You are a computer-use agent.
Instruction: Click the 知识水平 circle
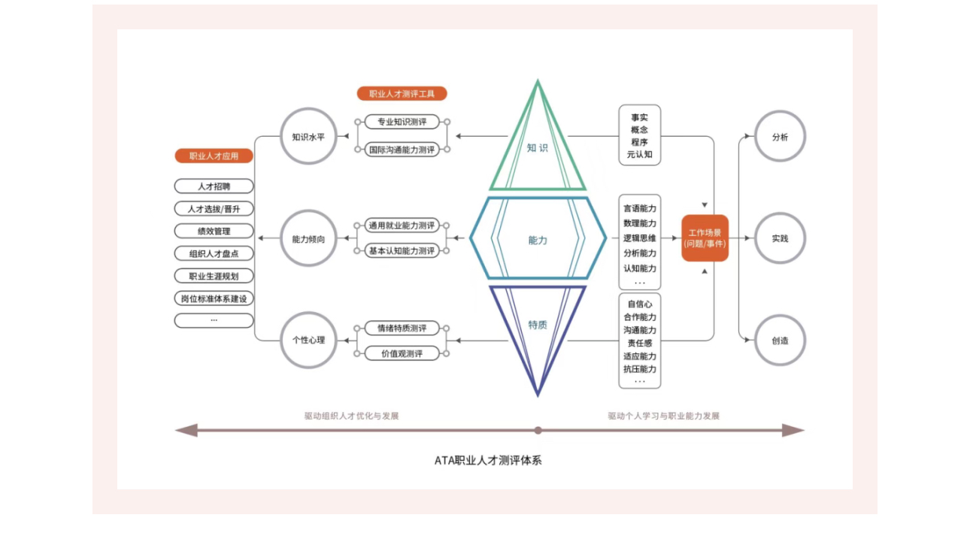point(308,137)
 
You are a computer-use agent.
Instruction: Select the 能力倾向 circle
point(308,239)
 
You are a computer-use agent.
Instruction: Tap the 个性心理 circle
point(308,340)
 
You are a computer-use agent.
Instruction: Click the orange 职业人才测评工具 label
point(402,94)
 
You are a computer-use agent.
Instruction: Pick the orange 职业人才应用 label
point(214,156)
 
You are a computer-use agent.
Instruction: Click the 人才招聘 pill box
point(214,186)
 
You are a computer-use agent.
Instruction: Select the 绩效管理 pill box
point(214,231)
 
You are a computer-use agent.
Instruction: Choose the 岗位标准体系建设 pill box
point(214,298)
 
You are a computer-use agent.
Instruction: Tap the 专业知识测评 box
point(402,122)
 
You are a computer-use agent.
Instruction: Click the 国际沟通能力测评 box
point(402,150)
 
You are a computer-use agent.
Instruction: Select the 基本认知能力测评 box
point(402,251)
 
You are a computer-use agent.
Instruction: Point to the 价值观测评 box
point(402,353)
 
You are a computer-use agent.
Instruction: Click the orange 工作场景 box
point(705,238)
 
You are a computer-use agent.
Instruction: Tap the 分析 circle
point(780,137)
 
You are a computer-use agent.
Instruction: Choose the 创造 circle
point(780,341)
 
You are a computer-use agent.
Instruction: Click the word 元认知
point(639,155)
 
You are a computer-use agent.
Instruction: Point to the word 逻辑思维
point(639,238)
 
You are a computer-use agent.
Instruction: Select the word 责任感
point(639,343)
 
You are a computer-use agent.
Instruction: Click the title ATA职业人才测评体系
point(487,460)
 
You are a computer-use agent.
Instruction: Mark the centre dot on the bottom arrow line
point(538,431)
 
